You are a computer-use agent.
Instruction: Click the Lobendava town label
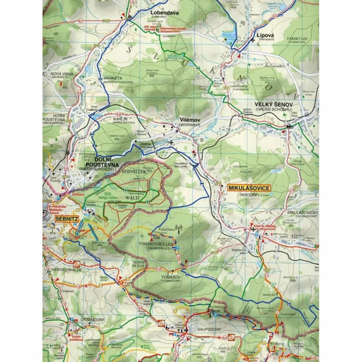coord(165,13)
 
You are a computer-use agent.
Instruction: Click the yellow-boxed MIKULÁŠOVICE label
coord(249,188)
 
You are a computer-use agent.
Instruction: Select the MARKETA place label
coord(113,78)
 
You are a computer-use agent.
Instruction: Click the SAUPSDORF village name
coord(210,329)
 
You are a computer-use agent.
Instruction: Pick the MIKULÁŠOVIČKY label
coord(303,212)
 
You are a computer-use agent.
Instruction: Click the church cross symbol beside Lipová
coord(253,40)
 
